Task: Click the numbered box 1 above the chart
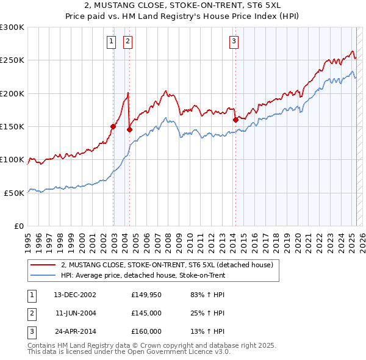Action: point(112,41)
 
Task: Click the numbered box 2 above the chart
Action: point(127,41)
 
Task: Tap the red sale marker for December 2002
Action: point(113,126)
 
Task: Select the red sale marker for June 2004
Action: point(129,129)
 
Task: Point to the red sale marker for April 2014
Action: point(235,120)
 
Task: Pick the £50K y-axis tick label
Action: point(15,192)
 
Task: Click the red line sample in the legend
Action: point(43,265)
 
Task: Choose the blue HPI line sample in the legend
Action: point(43,275)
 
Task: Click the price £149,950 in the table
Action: point(146,295)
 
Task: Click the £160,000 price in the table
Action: point(146,331)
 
